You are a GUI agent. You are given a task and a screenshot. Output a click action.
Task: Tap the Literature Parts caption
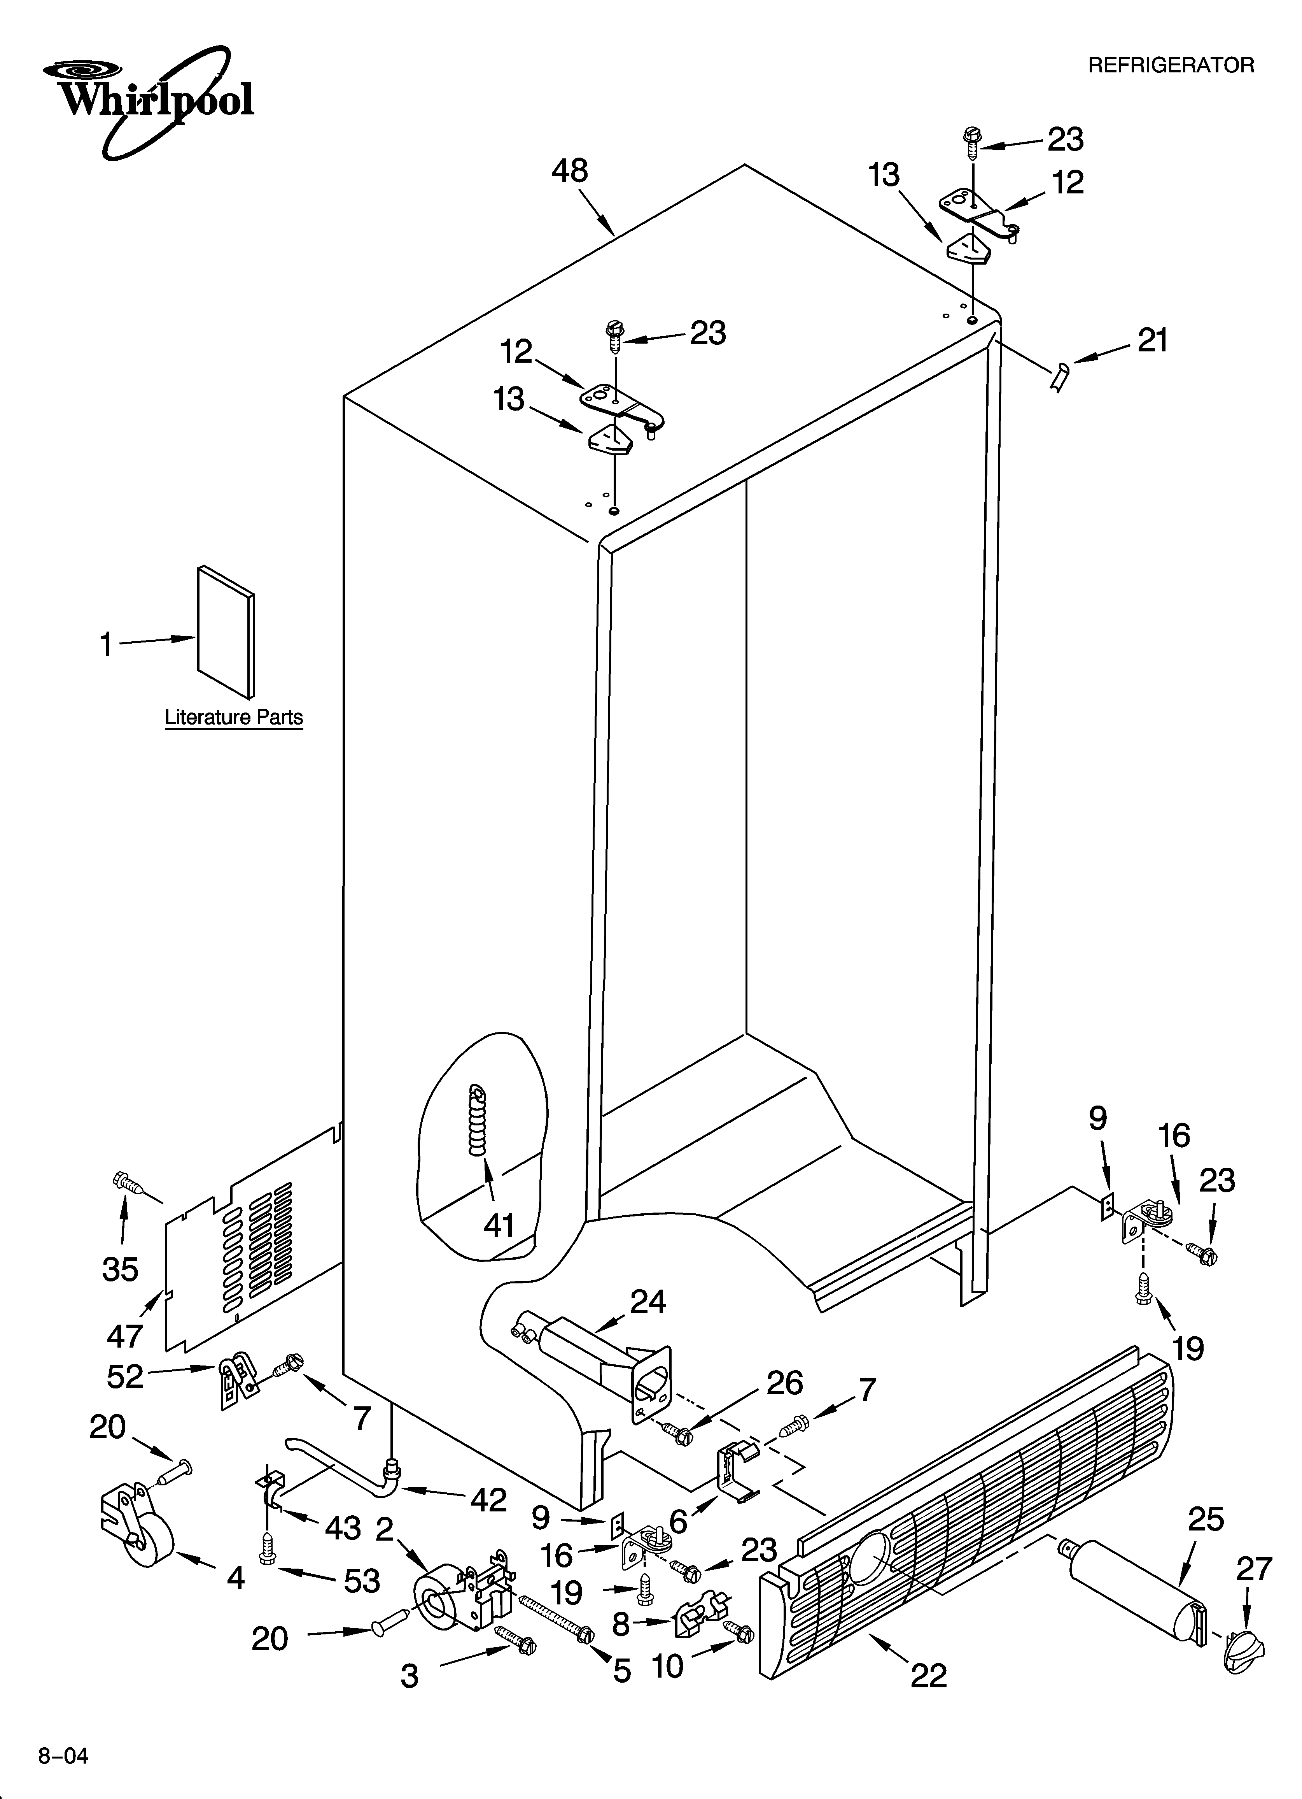tap(234, 717)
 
